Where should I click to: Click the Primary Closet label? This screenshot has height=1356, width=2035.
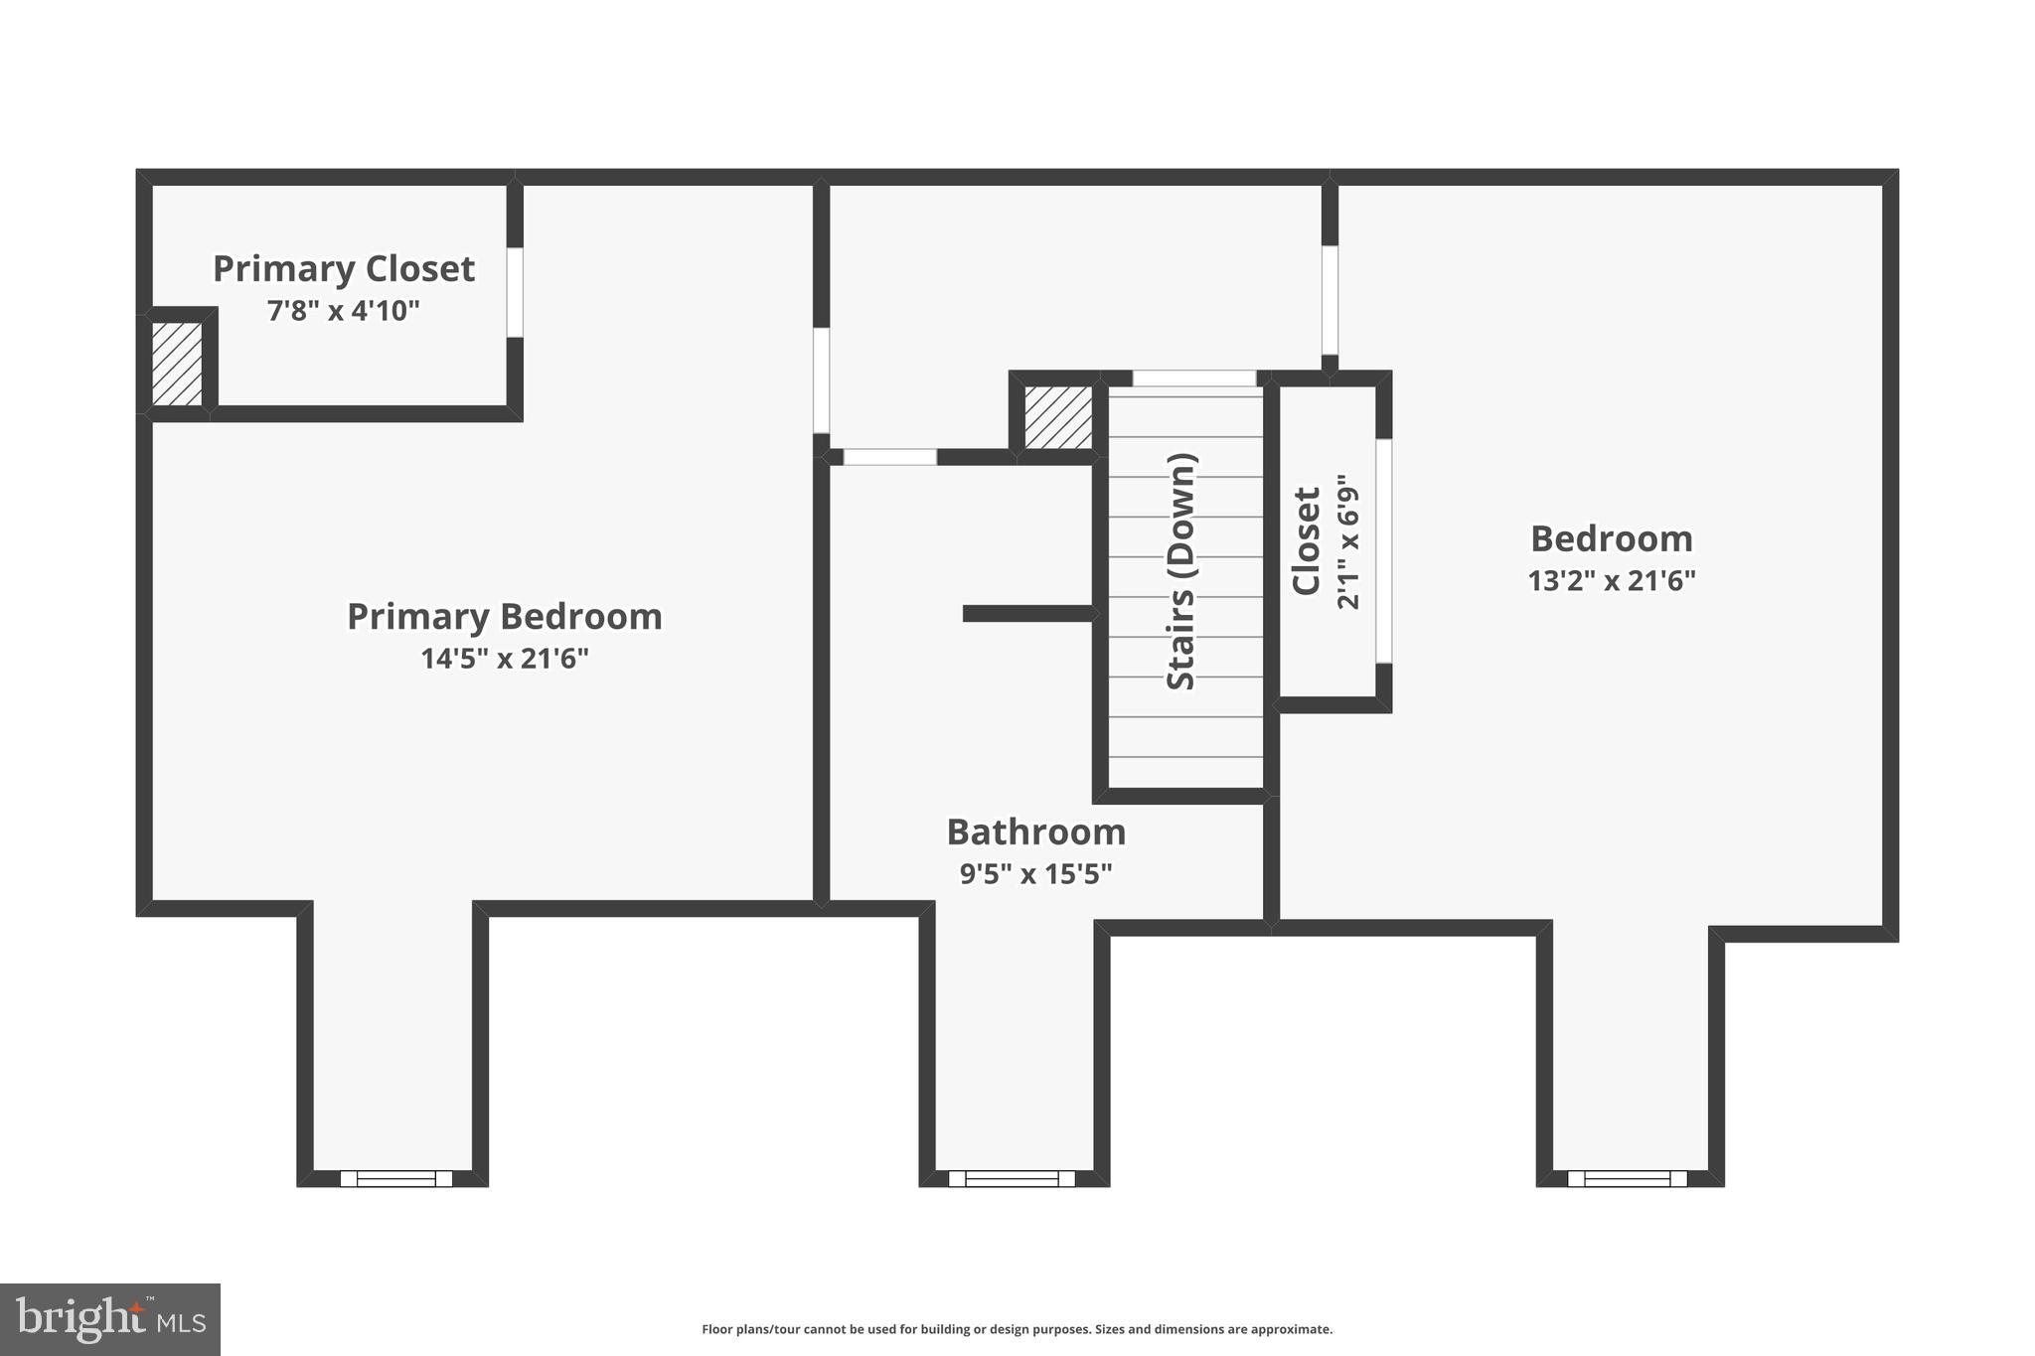[x=344, y=269]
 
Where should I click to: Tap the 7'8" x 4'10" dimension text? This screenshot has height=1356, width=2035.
[x=344, y=311]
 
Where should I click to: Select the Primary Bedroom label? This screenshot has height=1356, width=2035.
[x=504, y=617]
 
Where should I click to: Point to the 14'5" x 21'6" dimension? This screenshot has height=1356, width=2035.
[x=504, y=659]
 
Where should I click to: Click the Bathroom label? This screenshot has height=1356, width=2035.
[x=1035, y=832]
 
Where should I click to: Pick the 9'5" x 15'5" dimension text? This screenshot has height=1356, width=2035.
[x=1035, y=874]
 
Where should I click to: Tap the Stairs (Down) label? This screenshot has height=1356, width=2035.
[x=1181, y=571]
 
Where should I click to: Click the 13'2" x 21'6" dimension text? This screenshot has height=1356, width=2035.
[x=1611, y=581]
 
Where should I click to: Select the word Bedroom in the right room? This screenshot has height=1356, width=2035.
[x=1611, y=539]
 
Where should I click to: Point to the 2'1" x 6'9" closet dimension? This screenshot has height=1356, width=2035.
[x=1347, y=541]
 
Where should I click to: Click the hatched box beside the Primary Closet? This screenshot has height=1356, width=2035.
[x=177, y=363]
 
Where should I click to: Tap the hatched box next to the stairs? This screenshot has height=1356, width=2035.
[x=1058, y=417]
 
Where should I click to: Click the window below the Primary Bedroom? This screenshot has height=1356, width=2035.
[x=395, y=1178]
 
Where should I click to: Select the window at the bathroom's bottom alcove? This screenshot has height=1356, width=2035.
[x=1012, y=1178]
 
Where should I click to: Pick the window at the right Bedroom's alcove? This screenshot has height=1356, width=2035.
[x=1627, y=1178]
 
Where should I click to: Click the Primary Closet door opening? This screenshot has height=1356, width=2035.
[x=515, y=292]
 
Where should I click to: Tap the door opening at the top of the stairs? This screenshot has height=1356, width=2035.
[x=1194, y=378]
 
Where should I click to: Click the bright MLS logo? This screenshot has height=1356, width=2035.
[x=110, y=1319]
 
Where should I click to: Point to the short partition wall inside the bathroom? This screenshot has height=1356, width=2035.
[x=1028, y=614]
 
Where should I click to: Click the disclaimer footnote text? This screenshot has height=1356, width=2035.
[x=1017, y=1329]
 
